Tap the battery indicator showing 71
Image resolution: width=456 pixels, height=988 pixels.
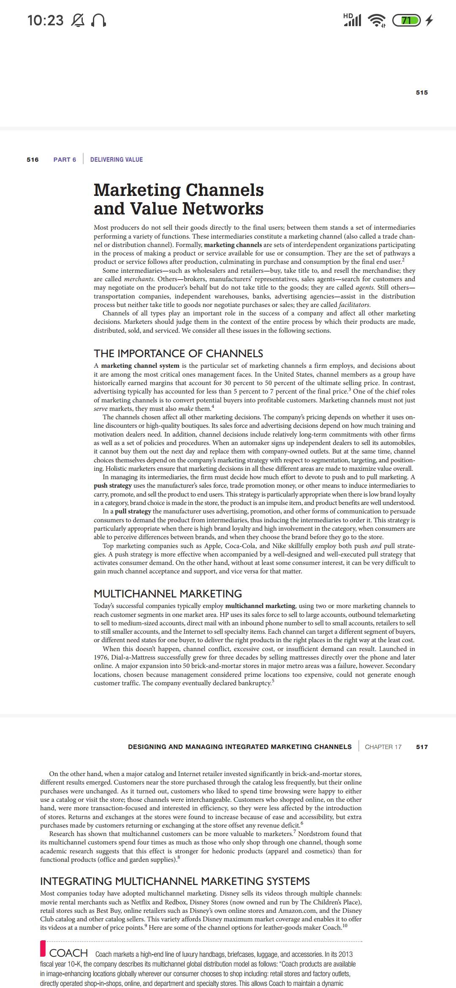tap(407, 20)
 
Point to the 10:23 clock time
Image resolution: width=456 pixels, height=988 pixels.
tap(46, 20)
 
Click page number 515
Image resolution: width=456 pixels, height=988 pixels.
tap(421, 92)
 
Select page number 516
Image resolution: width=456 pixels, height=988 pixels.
tap(33, 160)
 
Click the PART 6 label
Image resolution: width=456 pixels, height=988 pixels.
tap(65, 160)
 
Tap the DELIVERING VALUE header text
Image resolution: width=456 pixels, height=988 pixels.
tap(117, 160)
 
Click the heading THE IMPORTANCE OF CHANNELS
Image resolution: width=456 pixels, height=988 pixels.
tap(178, 353)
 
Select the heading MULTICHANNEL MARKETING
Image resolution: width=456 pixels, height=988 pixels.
tap(168, 594)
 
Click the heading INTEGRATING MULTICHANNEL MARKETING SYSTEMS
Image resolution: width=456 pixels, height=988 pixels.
tap(175, 881)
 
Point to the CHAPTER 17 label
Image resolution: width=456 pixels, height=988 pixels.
tap(383, 747)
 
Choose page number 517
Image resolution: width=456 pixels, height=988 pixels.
tap(422, 747)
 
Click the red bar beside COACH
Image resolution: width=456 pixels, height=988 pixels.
tap(43, 953)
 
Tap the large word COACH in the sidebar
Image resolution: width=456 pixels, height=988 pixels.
tap(68, 953)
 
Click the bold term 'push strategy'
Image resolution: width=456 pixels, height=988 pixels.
tap(113, 486)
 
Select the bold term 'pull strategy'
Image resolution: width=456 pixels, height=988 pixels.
tap(133, 511)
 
